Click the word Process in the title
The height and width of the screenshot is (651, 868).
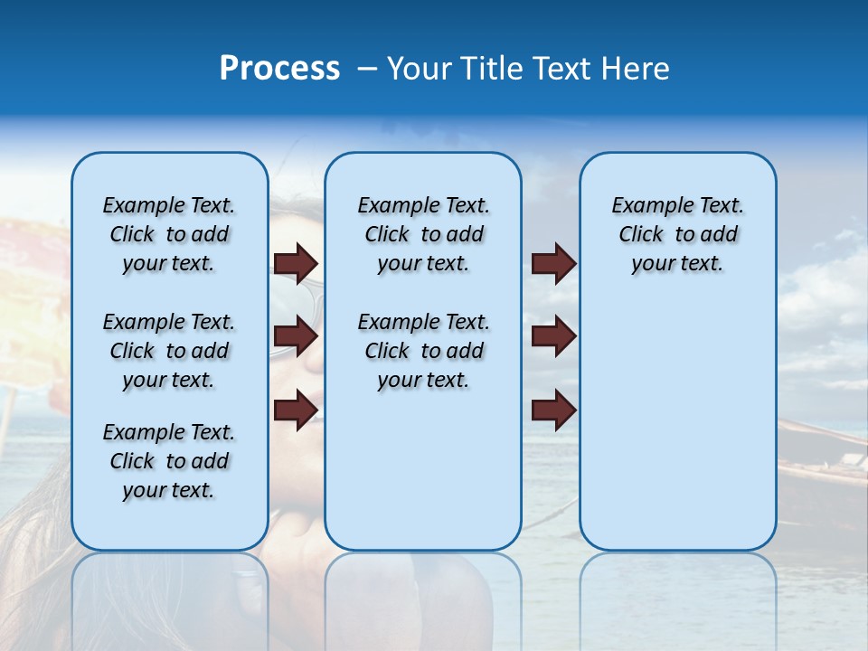click(x=279, y=69)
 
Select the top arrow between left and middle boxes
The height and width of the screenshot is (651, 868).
click(x=296, y=263)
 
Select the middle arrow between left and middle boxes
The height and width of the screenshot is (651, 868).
click(x=296, y=336)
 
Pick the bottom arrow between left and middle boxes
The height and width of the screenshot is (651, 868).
click(x=296, y=410)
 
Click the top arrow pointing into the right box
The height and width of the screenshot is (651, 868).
click(x=553, y=263)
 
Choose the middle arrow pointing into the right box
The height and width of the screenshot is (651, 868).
click(x=553, y=336)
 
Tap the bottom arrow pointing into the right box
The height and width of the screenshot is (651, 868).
click(x=553, y=410)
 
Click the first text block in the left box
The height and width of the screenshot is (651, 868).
click(x=169, y=234)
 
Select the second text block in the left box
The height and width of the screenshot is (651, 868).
click(x=169, y=351)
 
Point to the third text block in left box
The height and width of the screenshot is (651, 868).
click(x=169, y=461)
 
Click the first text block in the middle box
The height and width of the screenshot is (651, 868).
click(x=423, y=234)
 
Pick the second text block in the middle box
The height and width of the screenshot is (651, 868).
click(x=423, y=351)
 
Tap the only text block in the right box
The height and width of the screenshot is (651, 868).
click(x=677, y=234)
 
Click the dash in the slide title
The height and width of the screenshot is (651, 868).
click(x=366, y=69)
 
